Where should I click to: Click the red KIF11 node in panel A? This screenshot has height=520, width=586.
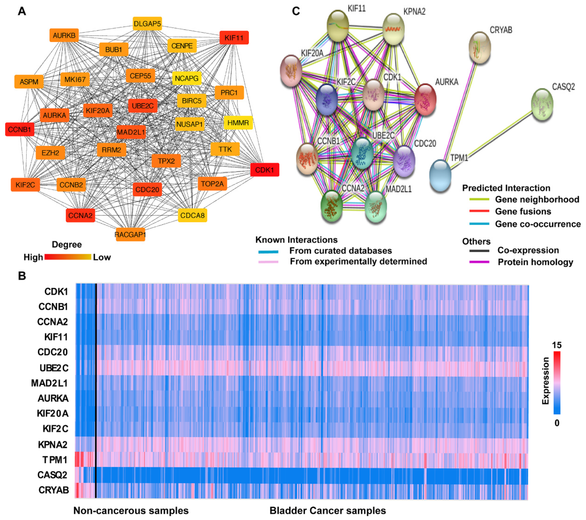234,38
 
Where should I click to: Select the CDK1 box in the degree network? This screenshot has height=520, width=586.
264,170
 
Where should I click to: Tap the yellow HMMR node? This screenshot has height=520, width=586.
238,123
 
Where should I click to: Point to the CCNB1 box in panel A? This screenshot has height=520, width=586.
19,129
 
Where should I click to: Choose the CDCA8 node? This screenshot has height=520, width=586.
192,215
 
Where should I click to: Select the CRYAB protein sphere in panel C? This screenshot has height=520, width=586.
480,47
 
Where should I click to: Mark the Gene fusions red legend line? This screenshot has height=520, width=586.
479,211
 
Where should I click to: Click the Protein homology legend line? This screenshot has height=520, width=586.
479,262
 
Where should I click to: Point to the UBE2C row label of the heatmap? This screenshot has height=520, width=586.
54,368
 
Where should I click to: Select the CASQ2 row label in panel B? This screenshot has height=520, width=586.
52,475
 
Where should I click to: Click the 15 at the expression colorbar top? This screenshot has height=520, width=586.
556,345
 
